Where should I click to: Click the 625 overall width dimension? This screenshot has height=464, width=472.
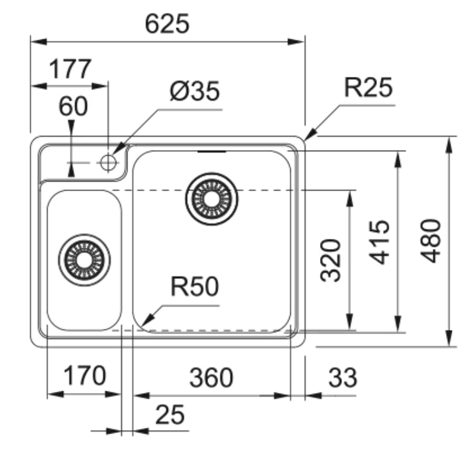[x=167, y=24]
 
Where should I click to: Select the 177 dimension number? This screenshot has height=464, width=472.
[x=70, y=69]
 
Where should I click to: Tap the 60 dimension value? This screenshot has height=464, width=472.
[x=73, y=106]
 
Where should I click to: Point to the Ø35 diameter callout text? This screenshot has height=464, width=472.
[x=195, y=91]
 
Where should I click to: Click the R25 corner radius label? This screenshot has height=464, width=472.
[x=368, y=88]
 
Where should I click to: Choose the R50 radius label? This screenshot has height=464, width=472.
[x=195, y=287]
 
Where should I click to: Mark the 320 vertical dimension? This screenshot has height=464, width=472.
[x=331, y=260]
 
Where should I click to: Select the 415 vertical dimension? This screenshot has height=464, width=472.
[x=379, y=242]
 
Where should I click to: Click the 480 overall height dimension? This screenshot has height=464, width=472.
[x=431, y=241]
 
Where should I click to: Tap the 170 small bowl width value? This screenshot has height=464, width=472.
[x=85, y=375]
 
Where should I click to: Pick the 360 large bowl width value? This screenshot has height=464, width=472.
[x=212, y=378]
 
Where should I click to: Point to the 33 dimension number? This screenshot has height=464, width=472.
[x=343, y=378]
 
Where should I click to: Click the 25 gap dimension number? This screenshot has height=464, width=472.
[x=170, y=415]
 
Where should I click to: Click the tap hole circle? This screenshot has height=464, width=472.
[x=108, y=163]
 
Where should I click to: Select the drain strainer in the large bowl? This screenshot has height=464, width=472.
[x=212, y=199]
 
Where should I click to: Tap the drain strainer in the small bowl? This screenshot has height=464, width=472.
[x=84, y=260]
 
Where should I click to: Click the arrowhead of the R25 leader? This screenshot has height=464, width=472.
[x=310, y=135]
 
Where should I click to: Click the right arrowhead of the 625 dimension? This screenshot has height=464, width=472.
[x=296, y=42]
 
